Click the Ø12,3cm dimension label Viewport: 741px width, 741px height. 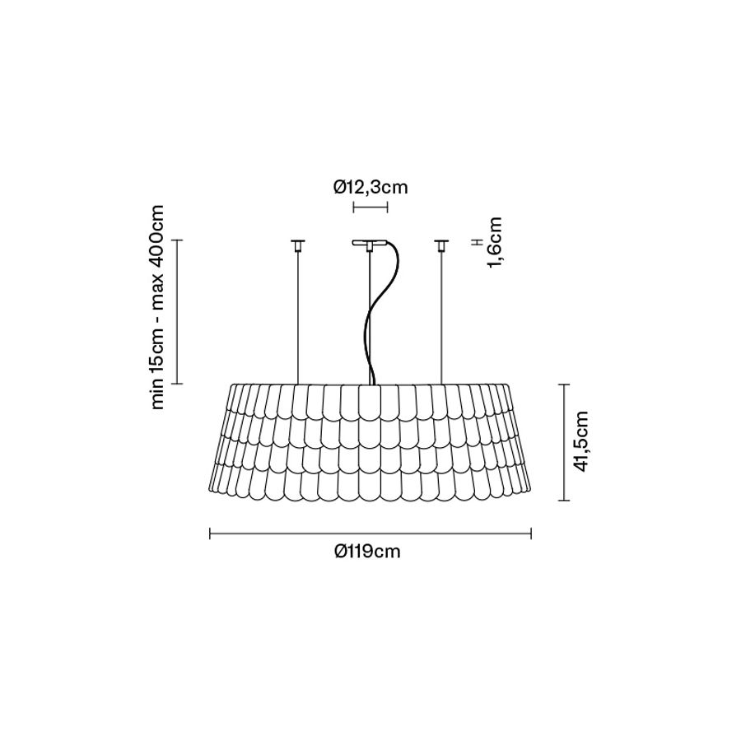point(370,188)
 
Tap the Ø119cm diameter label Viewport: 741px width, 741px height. point(367,552)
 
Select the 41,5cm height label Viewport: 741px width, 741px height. point(580,441)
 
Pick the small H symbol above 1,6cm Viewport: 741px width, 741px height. point(478,242)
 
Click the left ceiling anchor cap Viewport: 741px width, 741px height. point(298,245)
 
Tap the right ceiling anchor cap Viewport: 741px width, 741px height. point(442,245)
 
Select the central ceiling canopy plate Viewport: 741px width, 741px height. point(370,244)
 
